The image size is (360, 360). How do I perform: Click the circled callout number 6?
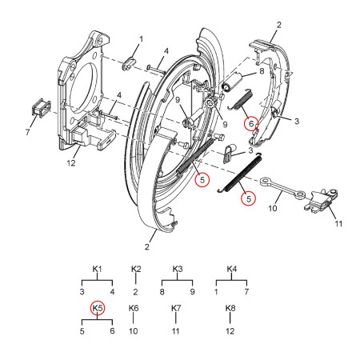[x=250, y=124]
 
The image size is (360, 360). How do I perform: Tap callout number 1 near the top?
[x=141, y=39]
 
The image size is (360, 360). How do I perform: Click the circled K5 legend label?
[x=98, y=308]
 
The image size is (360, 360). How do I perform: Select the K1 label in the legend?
[x=98, y=270]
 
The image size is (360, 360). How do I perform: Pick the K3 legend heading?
[x=177, y=270]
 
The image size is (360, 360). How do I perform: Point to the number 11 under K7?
[x=176, y=329]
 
